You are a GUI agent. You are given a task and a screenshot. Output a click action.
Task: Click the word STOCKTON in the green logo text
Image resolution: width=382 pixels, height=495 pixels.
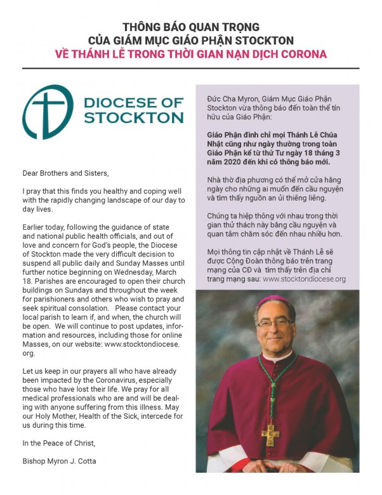pos(134,117)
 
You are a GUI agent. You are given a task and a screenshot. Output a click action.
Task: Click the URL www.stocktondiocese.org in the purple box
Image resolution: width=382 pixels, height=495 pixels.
pos(304,279)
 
